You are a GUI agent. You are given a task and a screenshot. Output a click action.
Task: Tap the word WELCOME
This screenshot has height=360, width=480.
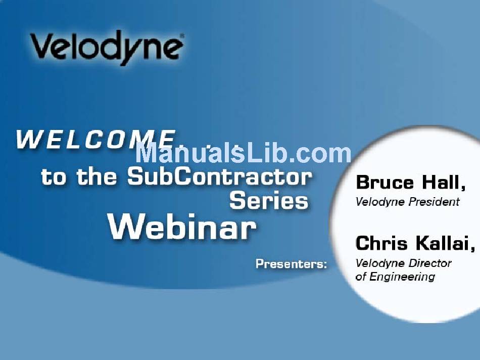tap(96, 140)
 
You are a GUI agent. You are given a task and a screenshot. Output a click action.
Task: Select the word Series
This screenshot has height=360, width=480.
tap(269, 201)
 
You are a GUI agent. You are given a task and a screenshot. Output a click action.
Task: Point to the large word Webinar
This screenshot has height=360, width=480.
tap(182, 227)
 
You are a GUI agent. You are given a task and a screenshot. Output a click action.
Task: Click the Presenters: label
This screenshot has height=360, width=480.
tap(291, 264)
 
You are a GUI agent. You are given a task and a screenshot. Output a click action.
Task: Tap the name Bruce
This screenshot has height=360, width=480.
tap(385, 183)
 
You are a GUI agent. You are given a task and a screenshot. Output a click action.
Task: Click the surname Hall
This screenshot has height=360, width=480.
tap(444, 183)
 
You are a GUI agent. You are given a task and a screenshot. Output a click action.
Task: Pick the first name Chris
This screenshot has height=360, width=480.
tap(381, 243)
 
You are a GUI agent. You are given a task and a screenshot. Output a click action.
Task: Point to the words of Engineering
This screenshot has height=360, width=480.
tap(395, 277)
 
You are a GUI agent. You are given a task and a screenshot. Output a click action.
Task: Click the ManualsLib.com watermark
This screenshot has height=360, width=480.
tap(244, 153)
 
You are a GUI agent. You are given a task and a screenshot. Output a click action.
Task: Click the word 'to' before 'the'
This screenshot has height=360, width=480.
tap(53, 177)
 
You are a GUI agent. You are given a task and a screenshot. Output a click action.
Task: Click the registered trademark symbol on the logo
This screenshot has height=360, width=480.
tap(182, 35)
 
